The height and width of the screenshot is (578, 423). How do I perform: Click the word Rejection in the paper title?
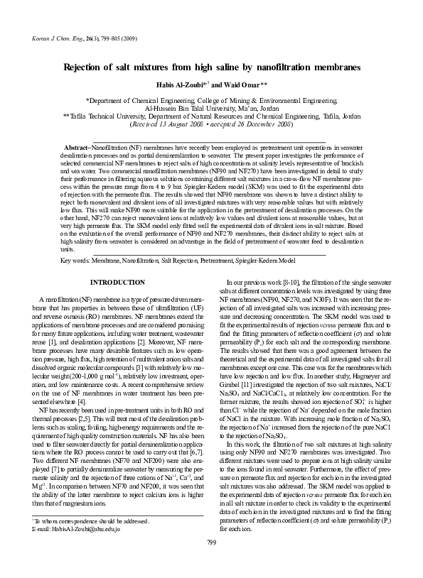[87, 67]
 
